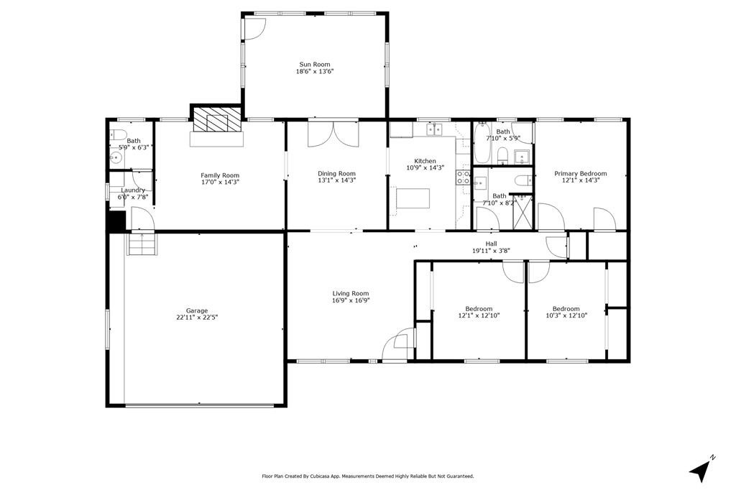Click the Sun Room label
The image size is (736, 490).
tap(315, 64)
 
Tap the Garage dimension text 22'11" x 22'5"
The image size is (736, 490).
tap(197, 318)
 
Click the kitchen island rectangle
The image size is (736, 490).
tap(413, 198)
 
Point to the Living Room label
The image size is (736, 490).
tap(351, 294)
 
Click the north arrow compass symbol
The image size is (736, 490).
tap(701, 468)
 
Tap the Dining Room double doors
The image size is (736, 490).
tap(333, 134)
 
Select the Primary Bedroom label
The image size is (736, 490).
tap(581, 174)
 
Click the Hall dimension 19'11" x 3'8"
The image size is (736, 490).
tap(492, 251)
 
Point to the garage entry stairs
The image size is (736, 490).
tap(142, 244)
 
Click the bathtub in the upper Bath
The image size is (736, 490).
tap(482, 143)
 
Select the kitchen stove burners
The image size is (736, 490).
tap(464, 177)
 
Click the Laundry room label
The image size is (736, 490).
tap(133, 190)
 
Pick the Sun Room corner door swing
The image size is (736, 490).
tap(256, 29)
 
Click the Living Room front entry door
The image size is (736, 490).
tap(398, 345)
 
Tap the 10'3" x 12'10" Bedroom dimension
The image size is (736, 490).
tap(566, 315)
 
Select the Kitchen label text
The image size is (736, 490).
tap(425, 161)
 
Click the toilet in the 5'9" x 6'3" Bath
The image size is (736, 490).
tap(118, 135)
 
